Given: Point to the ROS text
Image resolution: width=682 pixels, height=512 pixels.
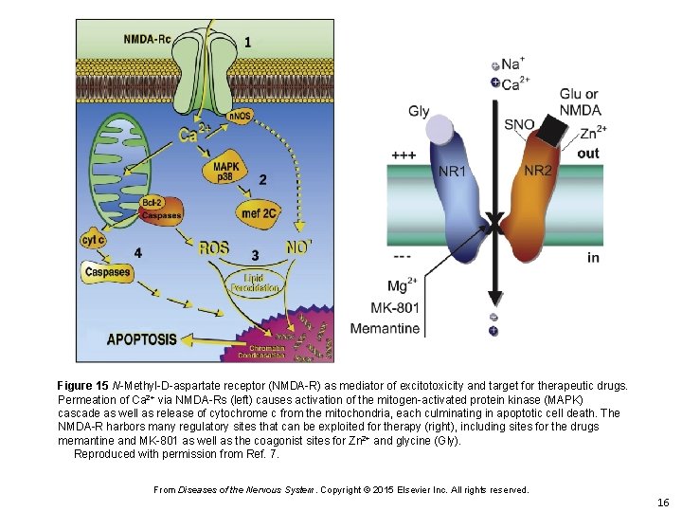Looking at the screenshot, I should [x=213, y=248].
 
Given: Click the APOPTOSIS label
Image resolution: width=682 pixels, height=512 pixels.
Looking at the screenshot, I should [x=141, y=338].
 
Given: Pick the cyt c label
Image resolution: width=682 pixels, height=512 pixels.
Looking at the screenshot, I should [x=92, y=240].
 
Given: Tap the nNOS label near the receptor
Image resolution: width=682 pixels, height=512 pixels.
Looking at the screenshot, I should [x=240, y=117].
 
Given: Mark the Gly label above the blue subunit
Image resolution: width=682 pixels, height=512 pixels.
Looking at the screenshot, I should [x=419, y=111].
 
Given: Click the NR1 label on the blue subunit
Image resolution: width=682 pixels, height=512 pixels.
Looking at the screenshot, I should [x=452, y=172].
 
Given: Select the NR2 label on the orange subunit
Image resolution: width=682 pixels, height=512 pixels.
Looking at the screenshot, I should [x=538, y=171].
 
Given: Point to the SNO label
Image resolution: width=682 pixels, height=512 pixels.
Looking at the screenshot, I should [x=519, y=124].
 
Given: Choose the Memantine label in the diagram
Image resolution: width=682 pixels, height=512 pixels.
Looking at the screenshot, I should [x=385, y=329].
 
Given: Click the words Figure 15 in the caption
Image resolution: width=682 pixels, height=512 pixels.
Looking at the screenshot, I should [x=82, y=387].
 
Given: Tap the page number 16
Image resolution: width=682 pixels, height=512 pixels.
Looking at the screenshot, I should [x=662, y=502].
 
